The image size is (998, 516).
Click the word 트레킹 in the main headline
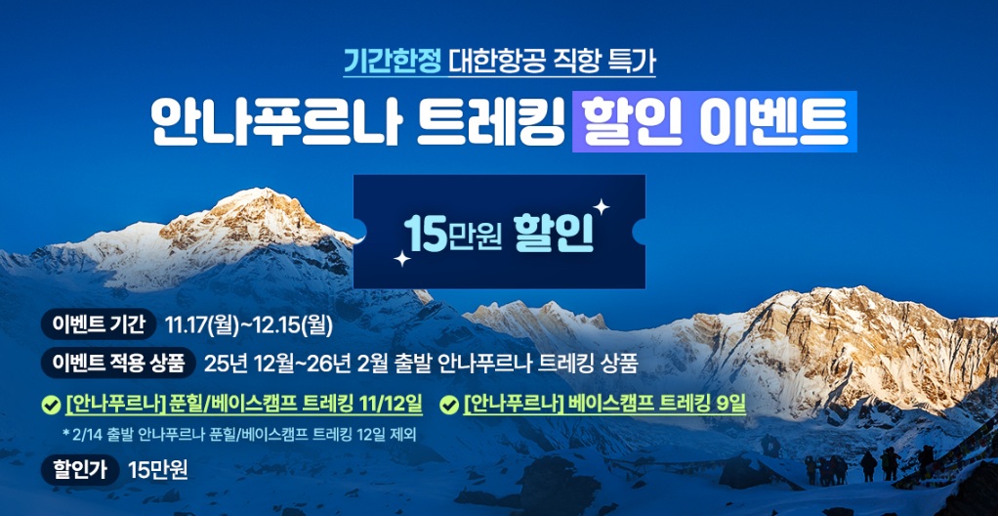(x=490, y=122)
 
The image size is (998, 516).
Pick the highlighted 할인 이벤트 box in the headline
(x=714, y=122)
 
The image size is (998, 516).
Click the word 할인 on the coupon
(x=554, y=234)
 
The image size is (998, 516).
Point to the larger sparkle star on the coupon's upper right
(x=601, y=207)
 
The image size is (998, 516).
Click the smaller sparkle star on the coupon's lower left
(x=401, y=258)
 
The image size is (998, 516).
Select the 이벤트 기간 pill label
(x=98, y=324)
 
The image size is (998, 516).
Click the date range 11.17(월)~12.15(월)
(x=249, y=324)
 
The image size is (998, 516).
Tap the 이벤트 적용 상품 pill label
(x=118, y=363)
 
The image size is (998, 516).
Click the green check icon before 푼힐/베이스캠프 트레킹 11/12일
(x=50, y=405)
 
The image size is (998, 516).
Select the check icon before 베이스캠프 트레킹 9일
(x=449, y=405)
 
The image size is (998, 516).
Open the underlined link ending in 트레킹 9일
(x=604, y=404)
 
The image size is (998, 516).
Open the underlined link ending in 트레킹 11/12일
(x=244, y=404)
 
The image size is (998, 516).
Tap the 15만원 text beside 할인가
(x=158, y=471)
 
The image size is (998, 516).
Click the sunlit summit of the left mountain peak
(x=255, y=194)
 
